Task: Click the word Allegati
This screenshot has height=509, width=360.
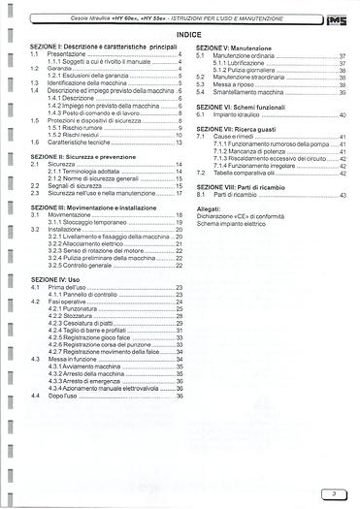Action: pyautogui.click(x=208, y=207)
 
